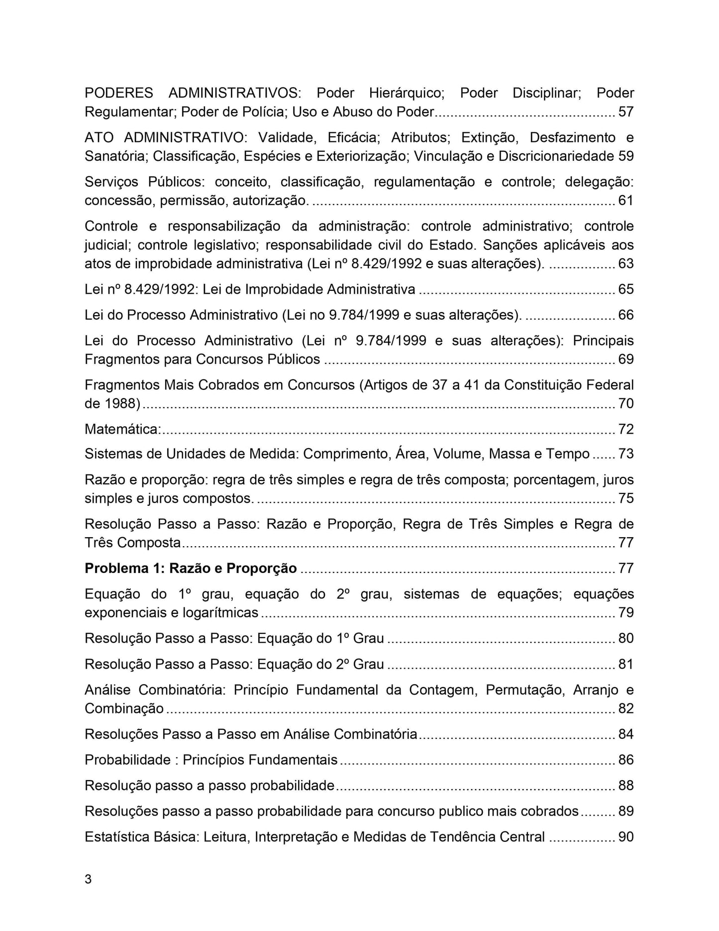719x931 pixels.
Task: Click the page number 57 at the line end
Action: tap(626, 112)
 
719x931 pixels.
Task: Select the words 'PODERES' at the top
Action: tap(119, 93)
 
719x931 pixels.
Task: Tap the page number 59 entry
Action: tap(626, 156)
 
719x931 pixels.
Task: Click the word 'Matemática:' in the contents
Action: tap(122, 429)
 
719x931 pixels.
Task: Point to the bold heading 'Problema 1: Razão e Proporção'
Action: tap(191, 568)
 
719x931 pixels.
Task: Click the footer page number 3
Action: tap(88, 880)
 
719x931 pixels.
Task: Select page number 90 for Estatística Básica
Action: tap(626, 837)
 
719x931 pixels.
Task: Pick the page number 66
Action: tap(626, 315)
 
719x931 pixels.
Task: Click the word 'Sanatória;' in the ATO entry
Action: tap(116, 156)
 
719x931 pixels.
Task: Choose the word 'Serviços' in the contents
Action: tap(111, 182)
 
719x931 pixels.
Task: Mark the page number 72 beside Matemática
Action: tap(626, 429)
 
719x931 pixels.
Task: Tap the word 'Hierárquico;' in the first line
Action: tap(407, 93)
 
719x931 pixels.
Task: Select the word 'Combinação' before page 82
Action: tap(124, 708)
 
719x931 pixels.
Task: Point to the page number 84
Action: tap(626, 734)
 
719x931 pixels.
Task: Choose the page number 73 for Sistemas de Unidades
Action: tap(626, 454)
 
